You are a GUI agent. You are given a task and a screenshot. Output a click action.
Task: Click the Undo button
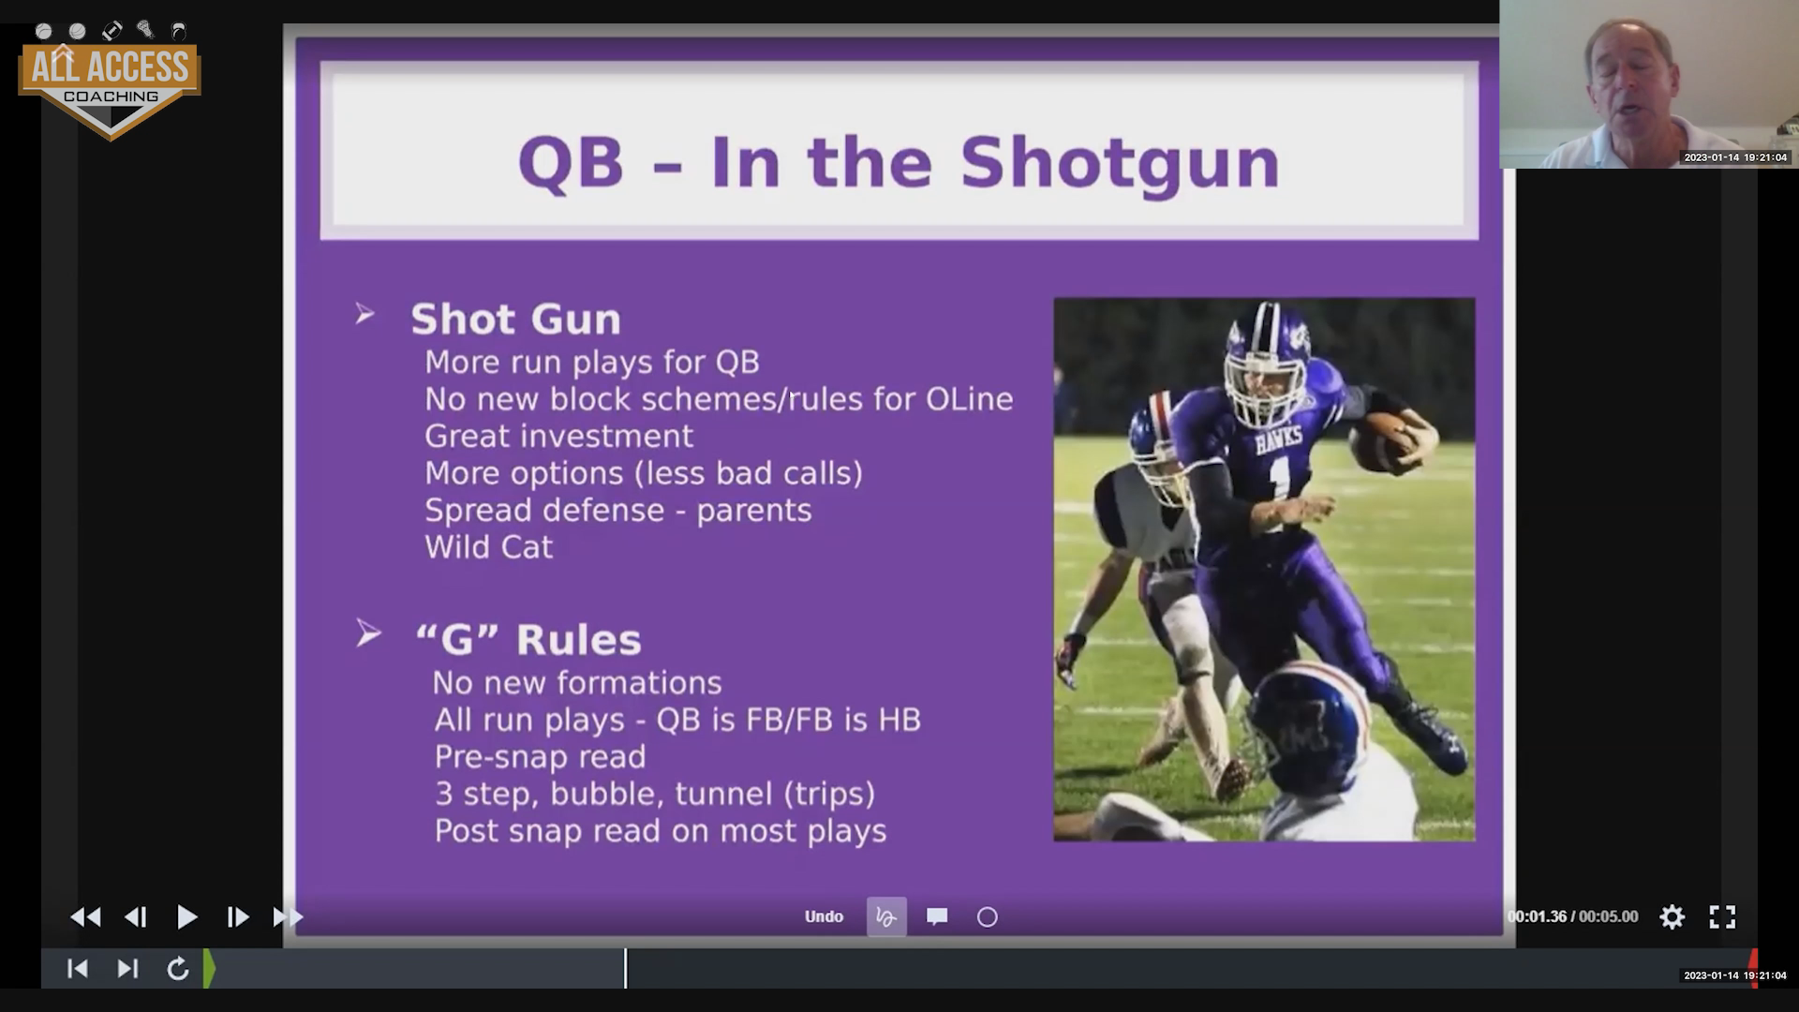pyautogui.click(x=824, y=916)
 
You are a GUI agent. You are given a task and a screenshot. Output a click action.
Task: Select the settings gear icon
pyautogui.click(x=1673, y=916)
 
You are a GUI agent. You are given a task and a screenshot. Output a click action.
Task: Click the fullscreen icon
pyautogui.click(x=1722, y=916)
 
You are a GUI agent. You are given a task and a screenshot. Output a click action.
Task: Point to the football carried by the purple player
pyautogui.click(x=1385, y=440)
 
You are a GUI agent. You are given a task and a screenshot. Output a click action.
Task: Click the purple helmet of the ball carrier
pyautogui.click(x=1267, y=361)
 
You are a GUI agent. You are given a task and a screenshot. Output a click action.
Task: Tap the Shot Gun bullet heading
pyautogui.click(x=515, y=319)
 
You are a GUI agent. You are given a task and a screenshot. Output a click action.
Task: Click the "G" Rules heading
pyautogui.click(x=528, y=639)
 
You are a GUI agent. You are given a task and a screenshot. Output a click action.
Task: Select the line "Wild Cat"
pyautogui.click(x=489, y=546)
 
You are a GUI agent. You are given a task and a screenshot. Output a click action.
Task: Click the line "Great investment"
pyautogui.click(x=558, y=436)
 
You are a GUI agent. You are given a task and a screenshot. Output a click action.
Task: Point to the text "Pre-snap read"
pyautogui.click(x=540, y=756)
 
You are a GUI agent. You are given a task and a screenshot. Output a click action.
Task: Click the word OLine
pyautogui.click(x=970, y=399)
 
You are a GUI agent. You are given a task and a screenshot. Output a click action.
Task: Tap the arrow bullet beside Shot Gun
pyautogui.click(x=365, y=314)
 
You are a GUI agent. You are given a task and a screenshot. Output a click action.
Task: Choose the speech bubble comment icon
pyautogui.click(x=937, y=916)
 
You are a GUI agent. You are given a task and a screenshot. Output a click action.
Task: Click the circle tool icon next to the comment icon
pyautogui.click(x=988, y=916)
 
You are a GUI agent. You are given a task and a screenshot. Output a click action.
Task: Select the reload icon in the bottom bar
pyautogui.click(x=177, y=968)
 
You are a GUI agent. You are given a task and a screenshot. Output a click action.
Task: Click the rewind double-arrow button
pyautogui.click(x=85, y=916)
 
